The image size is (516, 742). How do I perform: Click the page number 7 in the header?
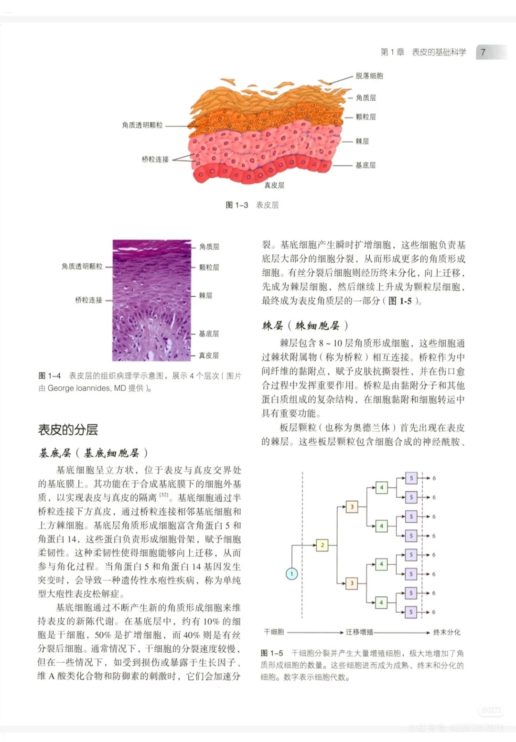[483, 52]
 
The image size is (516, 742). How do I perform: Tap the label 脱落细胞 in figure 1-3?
[369, 75]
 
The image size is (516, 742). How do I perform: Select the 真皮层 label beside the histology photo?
[209, 355]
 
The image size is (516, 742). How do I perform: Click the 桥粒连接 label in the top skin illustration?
[155, 159]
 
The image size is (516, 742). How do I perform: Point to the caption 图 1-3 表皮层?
[252, 205]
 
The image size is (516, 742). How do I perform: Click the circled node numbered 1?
[291, 574]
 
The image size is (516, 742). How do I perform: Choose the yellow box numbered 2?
[322, 545]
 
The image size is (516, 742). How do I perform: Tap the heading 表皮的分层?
[68, 430]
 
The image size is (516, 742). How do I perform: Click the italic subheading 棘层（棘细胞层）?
[305, 326]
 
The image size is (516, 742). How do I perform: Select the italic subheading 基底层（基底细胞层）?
[93, 452]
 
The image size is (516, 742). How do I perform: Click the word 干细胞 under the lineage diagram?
[274, 632]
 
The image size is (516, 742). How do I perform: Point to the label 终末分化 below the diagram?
[447, 632]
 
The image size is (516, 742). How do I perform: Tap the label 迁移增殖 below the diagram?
[359, 632]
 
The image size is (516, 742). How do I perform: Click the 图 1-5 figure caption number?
[272, 653]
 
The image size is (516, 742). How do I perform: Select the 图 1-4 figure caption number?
[50, 376]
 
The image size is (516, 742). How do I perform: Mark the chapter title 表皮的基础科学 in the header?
[439, 52]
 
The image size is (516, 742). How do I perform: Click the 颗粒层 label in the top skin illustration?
[365, 117]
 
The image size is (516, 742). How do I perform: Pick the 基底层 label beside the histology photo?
[209, 333]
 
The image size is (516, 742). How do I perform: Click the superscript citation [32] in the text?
[164, 495]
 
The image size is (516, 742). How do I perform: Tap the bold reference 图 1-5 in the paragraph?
[400, 301]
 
